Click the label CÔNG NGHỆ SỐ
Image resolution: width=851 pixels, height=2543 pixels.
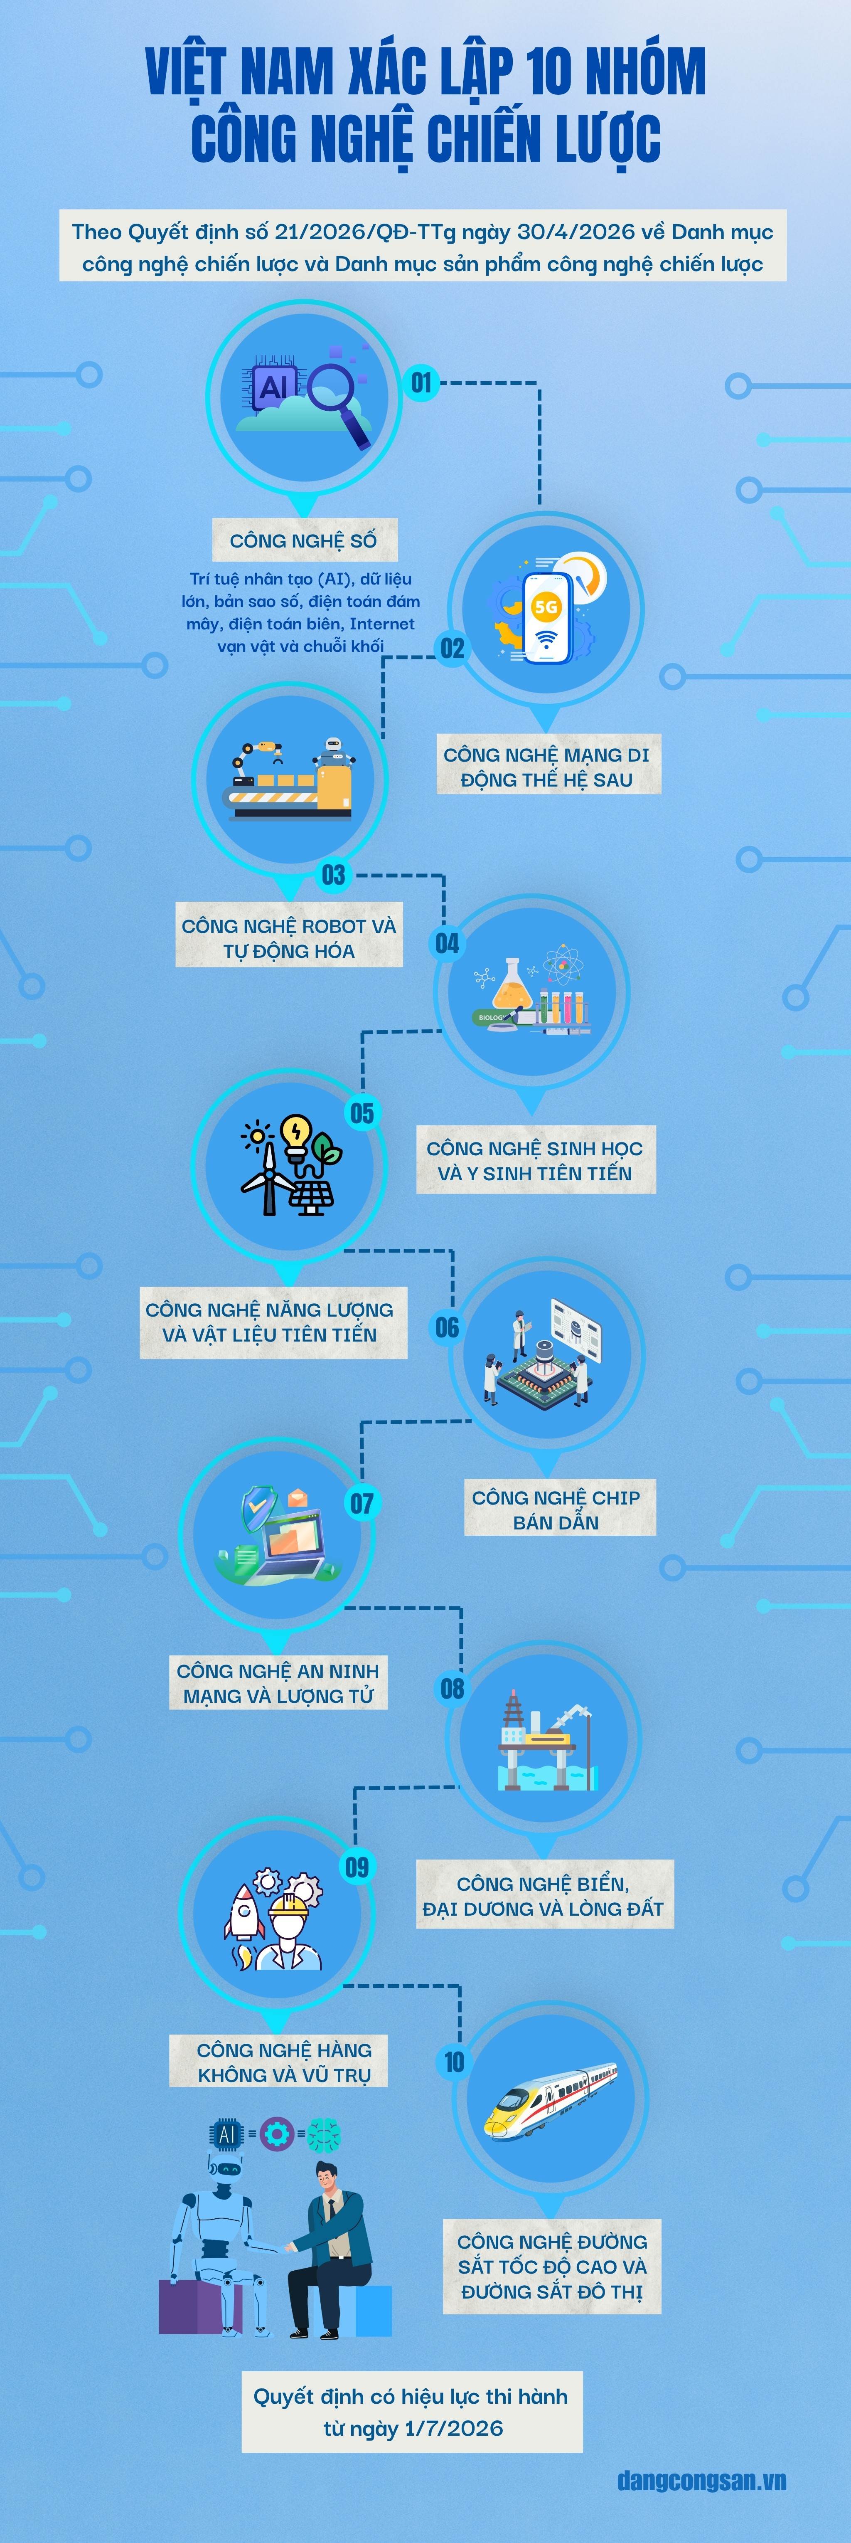click(303, 541)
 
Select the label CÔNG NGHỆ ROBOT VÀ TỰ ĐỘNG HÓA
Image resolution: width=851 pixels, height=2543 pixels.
click(288, 938)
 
